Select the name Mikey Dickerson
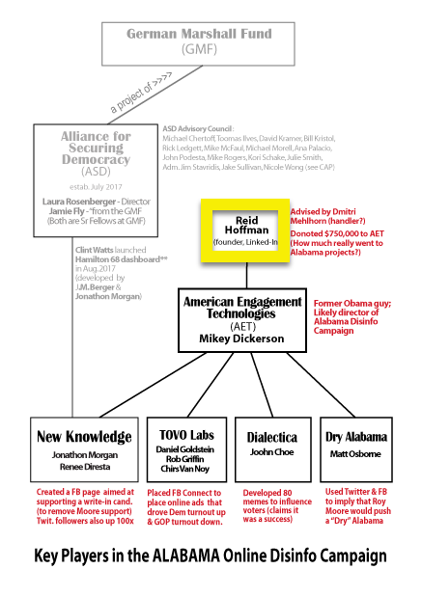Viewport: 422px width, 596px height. (241, 339)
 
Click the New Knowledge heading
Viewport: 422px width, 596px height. (84, 437)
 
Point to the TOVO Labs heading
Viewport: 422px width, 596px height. (186, 435)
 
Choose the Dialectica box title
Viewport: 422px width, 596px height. (272, 438)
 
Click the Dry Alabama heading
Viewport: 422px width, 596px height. (356, 437)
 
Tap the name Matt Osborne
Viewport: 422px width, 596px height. (355, 454)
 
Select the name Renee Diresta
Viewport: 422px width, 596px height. (85, 467)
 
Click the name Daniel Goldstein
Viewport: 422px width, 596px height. (185, 449)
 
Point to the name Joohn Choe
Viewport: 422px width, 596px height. (271, 452)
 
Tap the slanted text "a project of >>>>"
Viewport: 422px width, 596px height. (141, 93)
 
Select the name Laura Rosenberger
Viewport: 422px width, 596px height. (79, 202)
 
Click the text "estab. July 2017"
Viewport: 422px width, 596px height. (96, 187)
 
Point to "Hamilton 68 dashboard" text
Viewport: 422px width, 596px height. (117, 259)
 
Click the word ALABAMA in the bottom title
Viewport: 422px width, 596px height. (186, 555)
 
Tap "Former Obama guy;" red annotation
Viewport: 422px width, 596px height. (352, 304)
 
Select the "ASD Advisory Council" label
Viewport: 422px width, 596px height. (197, 128)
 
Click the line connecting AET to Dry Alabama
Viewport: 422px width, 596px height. (322, 385)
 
